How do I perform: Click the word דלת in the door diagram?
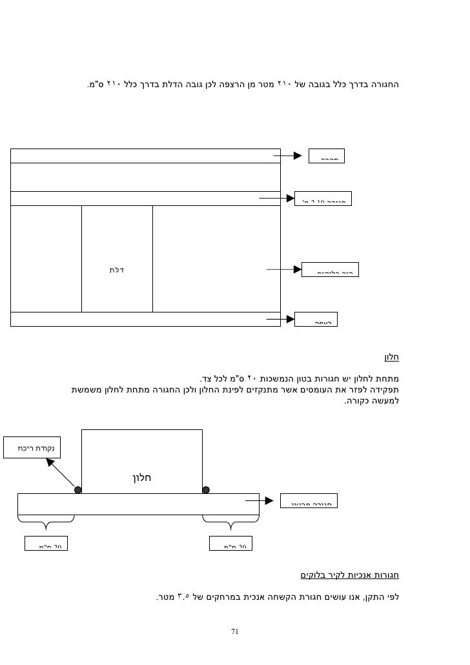pyautogui.click(x=116, y=270)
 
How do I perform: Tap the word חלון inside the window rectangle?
pyautogui.click(x=141, y=478)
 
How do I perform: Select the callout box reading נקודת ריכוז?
pyautogui.click(x=30, y=447)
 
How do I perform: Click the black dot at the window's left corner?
pyautogui.click(x=78, y=490)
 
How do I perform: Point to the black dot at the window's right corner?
pyautogui.click(x=206, y=490)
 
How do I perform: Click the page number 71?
pyautogui.click(x=235, y=632)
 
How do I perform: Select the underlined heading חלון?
pyautogui.click(x=392, y=356)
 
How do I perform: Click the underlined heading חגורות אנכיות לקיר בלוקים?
pyautogui.click(x=350, y=575)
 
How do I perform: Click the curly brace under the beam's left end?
pyautogui.click(x=46, y=520)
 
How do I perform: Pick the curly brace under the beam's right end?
pyautogui.click(x=230, y=520)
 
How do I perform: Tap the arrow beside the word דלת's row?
pyautogui.click(x=284, y=270)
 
